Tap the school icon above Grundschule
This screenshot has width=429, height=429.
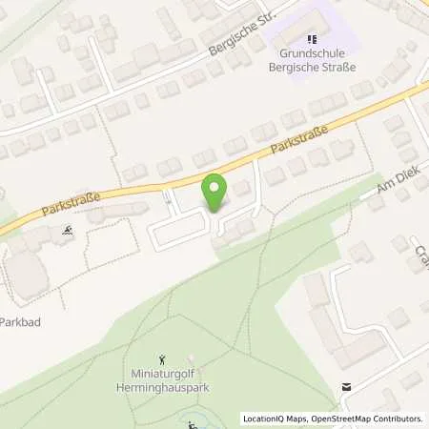(311, 39)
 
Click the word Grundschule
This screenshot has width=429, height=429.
(311, 52)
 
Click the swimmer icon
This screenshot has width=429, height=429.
(68, 231)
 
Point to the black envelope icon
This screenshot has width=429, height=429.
(347, 386)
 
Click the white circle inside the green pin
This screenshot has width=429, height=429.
(214, 186)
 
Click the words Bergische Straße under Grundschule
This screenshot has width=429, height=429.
(311, 65)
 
